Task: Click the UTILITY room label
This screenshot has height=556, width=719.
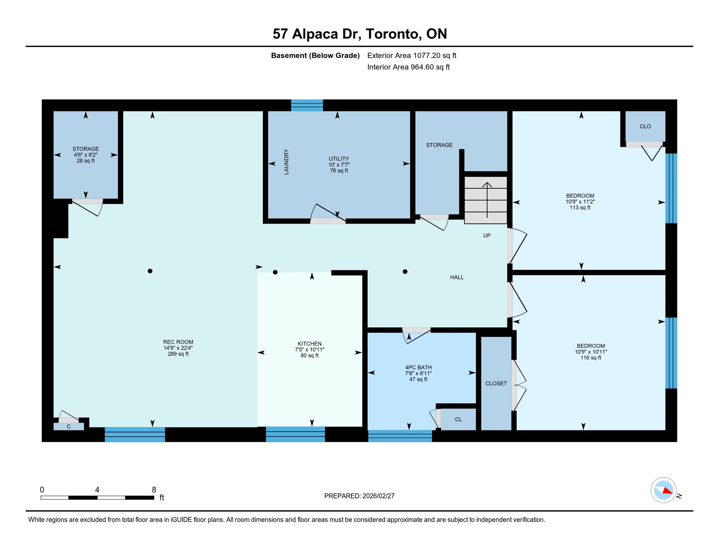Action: tap(339, 159)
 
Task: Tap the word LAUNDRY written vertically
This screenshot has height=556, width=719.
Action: tap(286, 162)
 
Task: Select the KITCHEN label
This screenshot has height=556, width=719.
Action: tap(309, 343)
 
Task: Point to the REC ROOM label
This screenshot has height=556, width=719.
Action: tap(178, 342)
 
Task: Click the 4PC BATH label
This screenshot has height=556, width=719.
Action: tap(418, 367)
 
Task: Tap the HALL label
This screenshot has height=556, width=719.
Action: tap(457, 277)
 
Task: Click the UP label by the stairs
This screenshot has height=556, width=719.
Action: tap(487, 235)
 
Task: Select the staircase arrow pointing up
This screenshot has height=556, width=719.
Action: tap(487, 200)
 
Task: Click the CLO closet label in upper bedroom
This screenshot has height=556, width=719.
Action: tap(645, 127)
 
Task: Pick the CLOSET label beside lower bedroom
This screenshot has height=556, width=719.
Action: tap(496, 383)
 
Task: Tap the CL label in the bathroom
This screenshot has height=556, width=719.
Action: tap(459, 419)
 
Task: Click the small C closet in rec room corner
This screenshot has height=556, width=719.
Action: tap(69, 426)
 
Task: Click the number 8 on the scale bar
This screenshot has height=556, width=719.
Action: tap(154, 490)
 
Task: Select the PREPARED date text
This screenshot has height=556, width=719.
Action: tap(359, 496)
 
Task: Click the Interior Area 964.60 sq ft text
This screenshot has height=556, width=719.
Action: tap(409, 67)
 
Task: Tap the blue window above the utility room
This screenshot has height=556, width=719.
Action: tap(307, 105)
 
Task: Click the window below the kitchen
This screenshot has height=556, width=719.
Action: tap(296, 434)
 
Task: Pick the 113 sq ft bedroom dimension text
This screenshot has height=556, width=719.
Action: tap(580, 207)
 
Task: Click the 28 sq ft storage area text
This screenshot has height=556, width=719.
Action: tap(86, 161)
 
